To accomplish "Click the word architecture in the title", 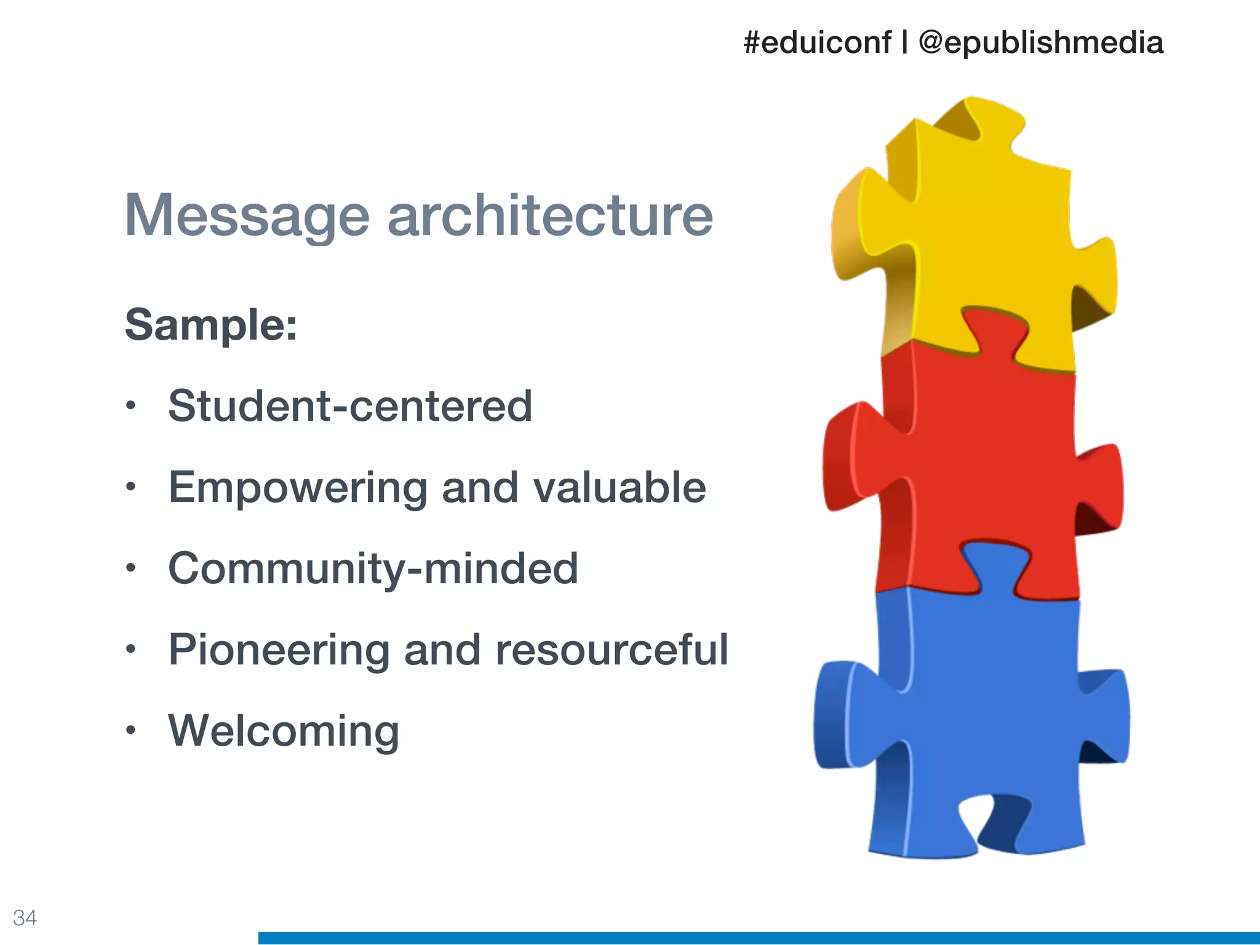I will (550, 215).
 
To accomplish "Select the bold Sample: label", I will (211, 324).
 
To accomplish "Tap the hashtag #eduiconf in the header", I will (817, 42).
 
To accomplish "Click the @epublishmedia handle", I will (1040, 42).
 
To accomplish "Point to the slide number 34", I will (25, 917).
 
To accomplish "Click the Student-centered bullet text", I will (350, 406).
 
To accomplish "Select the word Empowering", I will (298, 488).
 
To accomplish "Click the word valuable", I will (620, 487).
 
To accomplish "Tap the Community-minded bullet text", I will (373, 568).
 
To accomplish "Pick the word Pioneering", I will (279, 650).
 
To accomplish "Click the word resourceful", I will (612, 650).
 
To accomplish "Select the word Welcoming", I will (284, 731).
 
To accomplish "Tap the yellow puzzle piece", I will (984, 234).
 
